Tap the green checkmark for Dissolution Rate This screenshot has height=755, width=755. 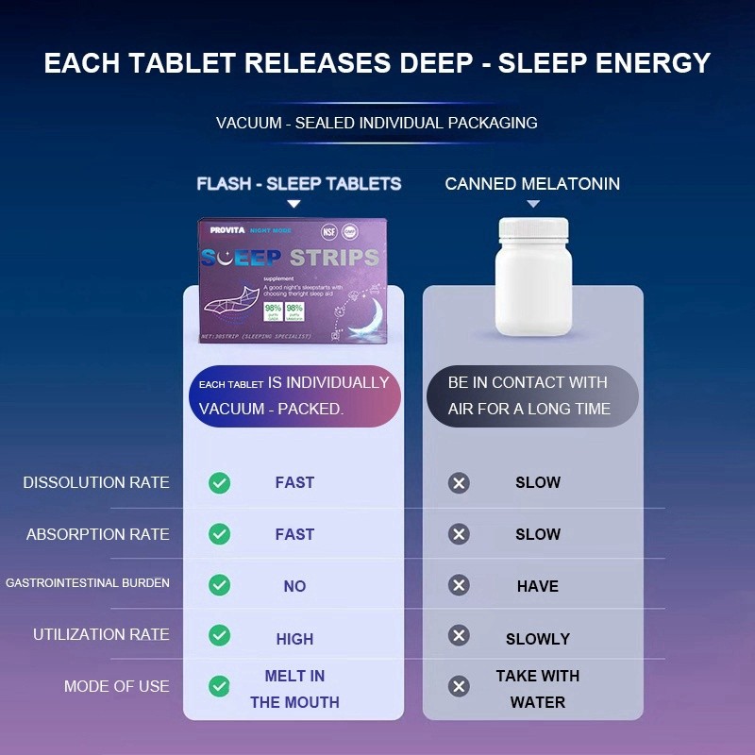219,483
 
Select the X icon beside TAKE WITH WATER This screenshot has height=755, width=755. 459,686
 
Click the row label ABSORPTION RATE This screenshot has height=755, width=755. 97,534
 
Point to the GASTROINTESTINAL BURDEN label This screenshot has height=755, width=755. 88,583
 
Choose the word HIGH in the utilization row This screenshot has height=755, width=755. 294,639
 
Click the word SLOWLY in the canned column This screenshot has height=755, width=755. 538,639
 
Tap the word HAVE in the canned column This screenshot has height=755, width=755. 538,586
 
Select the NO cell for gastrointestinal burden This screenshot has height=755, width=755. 294,586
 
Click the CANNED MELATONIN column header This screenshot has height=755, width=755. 532,184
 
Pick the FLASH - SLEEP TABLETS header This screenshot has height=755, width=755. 299,184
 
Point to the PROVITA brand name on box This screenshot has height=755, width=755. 226,230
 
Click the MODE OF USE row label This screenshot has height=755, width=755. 116,686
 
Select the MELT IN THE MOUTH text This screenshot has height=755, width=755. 294,689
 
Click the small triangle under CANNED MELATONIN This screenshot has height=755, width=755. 533,204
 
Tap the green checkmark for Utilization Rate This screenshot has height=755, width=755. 219,635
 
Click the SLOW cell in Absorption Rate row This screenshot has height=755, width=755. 538,534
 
